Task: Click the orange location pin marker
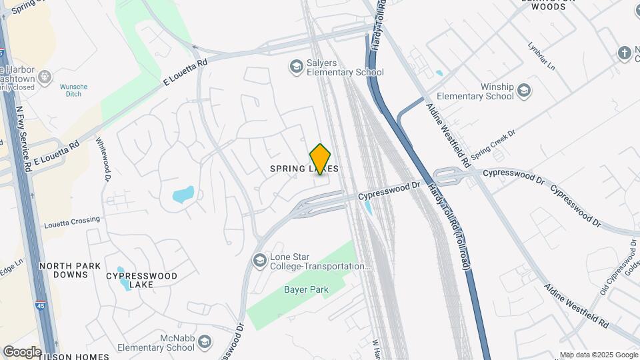pyautogui.click(x=321, y=159)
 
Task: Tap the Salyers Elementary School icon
pyautogui.click(x=295, y=66)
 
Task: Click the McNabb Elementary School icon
pyautogui.click(x=204, y=343)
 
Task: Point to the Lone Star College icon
pyautogui.click(x=259, y=259)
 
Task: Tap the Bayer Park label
pyautogui.click(x=306, y=289)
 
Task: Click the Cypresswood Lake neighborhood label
pyautogui.click(x=142, y=280)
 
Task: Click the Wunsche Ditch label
pyautogui.click(x=73, y=91)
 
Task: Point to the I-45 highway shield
pyautogui.click(x=39, y=306)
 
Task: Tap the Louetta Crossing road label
pyautogui.click(x=71, y=219)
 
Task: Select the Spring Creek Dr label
pyautogui.click(x=493, y=149)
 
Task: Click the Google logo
pyautogui.click(x=21, y=351)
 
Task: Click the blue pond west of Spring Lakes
pyautogui.click(x=183, y=195)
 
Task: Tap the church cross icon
pyautogui.click(x=624, y=53)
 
